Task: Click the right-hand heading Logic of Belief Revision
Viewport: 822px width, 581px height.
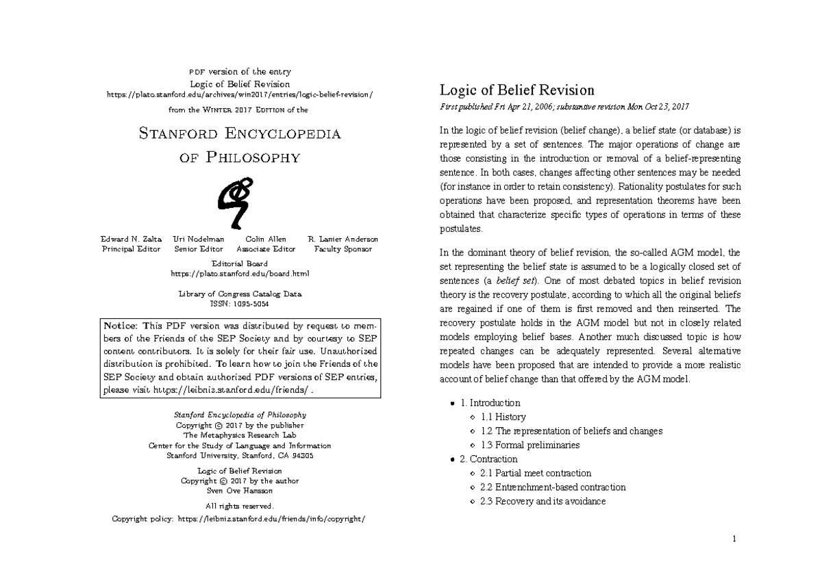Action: pyautogui.click(x=516, y=90)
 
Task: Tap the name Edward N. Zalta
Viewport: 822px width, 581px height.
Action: pyautogui.click(x=131, y=240)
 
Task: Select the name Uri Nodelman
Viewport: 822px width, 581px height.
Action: pyautogui.click(x=199, y=240)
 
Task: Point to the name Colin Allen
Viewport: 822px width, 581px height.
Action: pyautogui.click(x=265, y=240)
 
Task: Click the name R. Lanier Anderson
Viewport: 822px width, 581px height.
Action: pyautogui.click(x=342, y=240)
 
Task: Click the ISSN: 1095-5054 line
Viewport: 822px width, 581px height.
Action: pyautogui.click(x=239, y=303)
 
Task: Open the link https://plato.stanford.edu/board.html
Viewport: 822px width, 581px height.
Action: pyautogui.click(x=239, y=274)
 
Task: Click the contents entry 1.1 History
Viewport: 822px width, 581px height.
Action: pyautogui.click(x=503, y=417)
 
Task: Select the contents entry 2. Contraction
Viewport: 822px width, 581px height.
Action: pyautogui.click(x=489, y=459)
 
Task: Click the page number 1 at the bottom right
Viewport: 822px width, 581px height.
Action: pyautogui.click(x=734, y=539)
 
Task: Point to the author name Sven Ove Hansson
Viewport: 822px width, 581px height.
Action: pyautogui.click(x=239, y=490)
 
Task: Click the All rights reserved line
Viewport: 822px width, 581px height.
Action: pyautogui.click(x=239, y=506)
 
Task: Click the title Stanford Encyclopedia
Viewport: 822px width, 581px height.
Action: pyautogui.click(x=239, y=133)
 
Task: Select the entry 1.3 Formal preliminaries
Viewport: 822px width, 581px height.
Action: pyautogui.click(x=530, y=445)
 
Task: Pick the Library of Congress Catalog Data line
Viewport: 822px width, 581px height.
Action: pyautogui.click(x=239, y=294)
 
